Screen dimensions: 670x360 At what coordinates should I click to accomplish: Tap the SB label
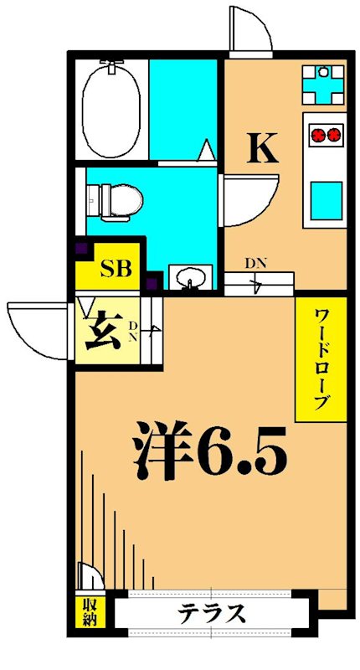tap(116, 270)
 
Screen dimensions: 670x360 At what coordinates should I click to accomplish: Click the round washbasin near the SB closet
tap(187, 276)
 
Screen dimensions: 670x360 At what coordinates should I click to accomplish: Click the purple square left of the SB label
tap(82, 250)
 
